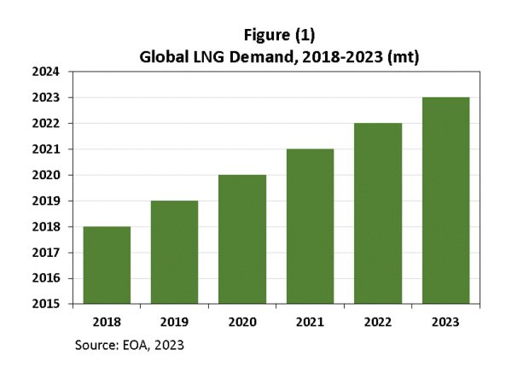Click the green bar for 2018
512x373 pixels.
[107, 265]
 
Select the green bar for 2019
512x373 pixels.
[175, 252]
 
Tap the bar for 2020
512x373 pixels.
[242, 239]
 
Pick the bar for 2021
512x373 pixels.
[310, 226]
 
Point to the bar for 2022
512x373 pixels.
[377, 213]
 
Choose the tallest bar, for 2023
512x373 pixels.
[445, 201]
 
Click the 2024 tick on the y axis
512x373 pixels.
[44, 73]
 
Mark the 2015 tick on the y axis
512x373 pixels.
[44, 304]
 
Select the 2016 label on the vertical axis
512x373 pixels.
[44, 278]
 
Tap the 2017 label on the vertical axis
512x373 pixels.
[44, 253]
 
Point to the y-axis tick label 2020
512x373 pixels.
[44, 175]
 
